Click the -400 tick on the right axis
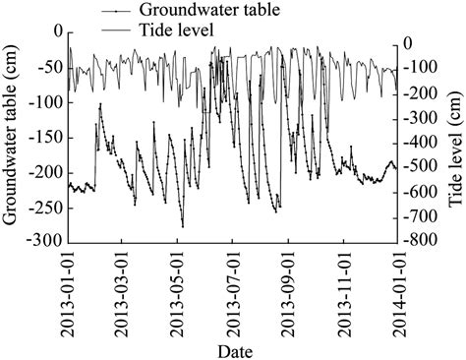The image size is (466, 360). (418, 141)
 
